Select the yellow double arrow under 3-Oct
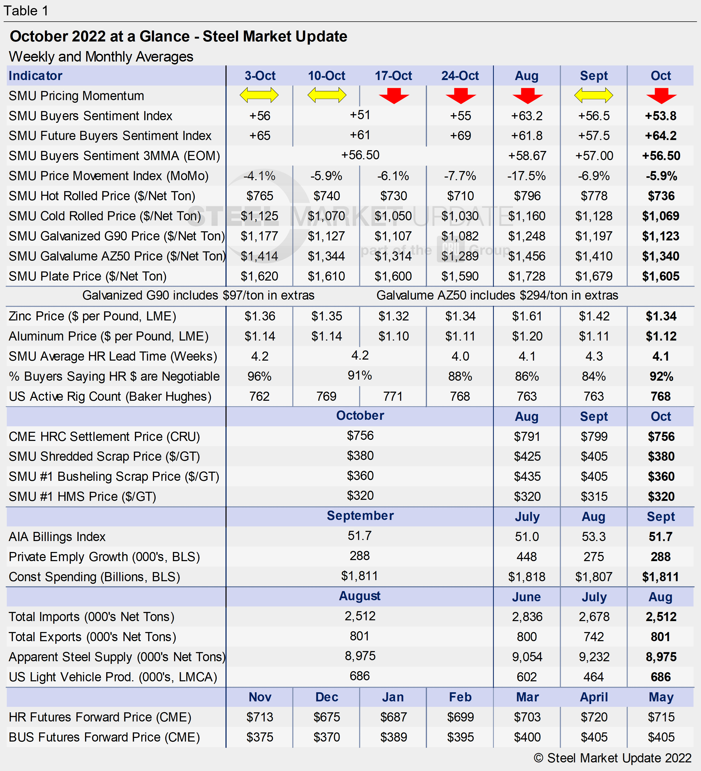259,95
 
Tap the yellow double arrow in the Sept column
593,95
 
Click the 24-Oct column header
460,76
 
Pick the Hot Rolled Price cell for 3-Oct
260,196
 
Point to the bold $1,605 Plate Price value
661,276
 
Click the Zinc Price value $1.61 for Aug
527,316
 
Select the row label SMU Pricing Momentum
76,96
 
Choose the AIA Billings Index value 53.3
593,537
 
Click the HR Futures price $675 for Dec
326,717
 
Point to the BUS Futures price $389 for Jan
393,737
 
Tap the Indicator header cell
35,76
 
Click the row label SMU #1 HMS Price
82,497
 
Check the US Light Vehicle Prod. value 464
593,677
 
